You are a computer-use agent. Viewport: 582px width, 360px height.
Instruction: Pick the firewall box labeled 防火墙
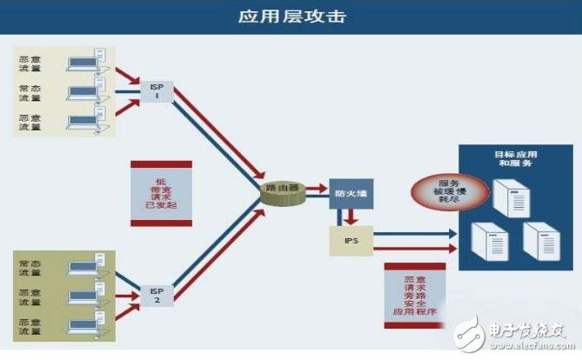coord(351,192)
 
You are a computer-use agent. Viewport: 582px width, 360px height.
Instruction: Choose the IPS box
coord(351,239)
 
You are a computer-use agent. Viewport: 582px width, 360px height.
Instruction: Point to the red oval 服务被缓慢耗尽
coord(449,190)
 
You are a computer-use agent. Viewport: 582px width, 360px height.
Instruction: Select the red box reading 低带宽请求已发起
coord(153,193)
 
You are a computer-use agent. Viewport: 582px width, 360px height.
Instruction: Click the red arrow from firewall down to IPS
coord(351,217)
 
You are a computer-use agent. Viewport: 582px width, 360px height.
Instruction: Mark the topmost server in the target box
coord(509,197)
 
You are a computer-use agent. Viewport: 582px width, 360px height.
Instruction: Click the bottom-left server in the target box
coord(487,241)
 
